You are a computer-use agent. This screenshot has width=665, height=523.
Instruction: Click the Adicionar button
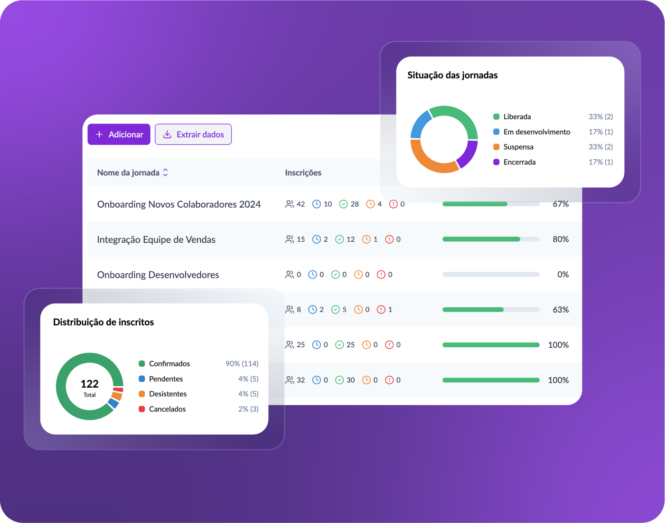click(119, 134)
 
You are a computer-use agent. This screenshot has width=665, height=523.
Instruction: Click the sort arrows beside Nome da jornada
click(165, 172)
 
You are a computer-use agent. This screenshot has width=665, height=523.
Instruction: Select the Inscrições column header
click(303, 173)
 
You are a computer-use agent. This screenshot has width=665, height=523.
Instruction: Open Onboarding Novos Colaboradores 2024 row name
click(179, 204)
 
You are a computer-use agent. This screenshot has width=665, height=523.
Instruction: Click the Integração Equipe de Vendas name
click(156, 239)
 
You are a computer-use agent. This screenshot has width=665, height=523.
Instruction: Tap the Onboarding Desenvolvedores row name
click(158, 275)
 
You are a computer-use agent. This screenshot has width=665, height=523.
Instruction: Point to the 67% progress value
click(561, 204)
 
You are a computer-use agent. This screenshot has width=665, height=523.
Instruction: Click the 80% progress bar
click(491, 239)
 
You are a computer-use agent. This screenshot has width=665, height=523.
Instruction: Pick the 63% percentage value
click(561, 310)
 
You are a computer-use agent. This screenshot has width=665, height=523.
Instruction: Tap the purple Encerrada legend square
click(496, 162)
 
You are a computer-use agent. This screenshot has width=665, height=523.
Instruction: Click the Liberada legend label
click(517, 117)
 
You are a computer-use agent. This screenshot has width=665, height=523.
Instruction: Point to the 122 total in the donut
click(89, 384)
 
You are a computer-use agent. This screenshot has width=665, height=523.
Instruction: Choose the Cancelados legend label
click(167, 409)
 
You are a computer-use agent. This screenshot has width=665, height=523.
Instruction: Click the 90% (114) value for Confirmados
click(242, 363)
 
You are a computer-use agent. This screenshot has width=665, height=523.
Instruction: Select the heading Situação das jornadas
click(452, 76)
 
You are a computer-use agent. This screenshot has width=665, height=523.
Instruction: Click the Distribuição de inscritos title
click(103, 322)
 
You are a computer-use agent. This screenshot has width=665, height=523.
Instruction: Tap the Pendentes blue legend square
click(142, 379)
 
